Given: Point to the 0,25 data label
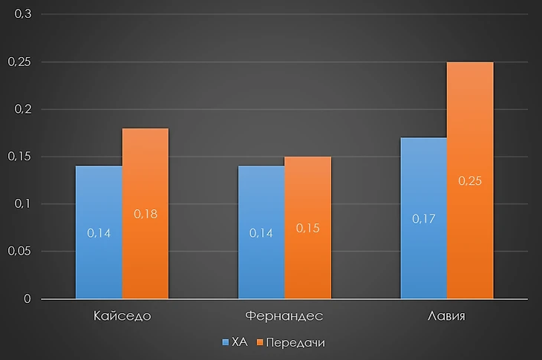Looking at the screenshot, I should tap(470, 180).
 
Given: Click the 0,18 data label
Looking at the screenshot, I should tap(146, 214).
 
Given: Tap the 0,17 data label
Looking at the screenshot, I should tap(424, 219).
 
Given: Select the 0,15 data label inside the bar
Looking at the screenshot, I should tap(308, 228).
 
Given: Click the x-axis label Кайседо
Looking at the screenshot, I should tap(123, 316).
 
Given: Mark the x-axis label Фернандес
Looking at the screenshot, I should tap(285, 316).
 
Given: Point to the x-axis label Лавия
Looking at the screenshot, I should tap(447, 316).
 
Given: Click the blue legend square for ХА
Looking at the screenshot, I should tap(226, 343).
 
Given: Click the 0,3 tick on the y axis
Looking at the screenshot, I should tap(24, 15).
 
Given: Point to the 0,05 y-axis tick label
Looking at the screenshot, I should tap(20, 252).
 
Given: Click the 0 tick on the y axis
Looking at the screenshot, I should tap(27, 299).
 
